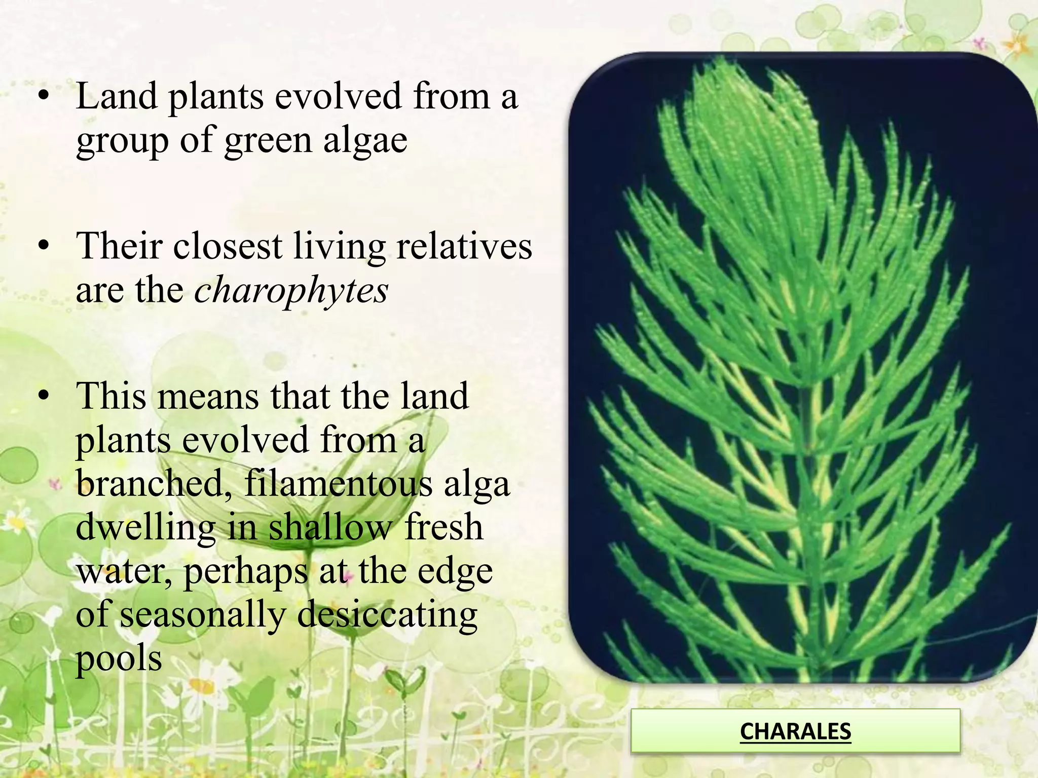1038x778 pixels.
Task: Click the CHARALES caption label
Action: click(795, 731)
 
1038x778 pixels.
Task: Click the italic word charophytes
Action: click(291, 291)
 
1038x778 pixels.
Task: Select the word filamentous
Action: click(339, 483)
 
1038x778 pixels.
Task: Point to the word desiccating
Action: click(387, 615)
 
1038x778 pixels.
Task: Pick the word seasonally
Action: click(203, 615)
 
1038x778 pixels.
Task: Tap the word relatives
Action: click(464, 247)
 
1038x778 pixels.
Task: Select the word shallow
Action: click(330, 527)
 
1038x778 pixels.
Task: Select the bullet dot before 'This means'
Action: click(45, 397)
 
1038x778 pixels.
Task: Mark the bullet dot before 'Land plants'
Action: click(45, 96)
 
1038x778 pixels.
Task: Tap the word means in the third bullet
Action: click(208, 397)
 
